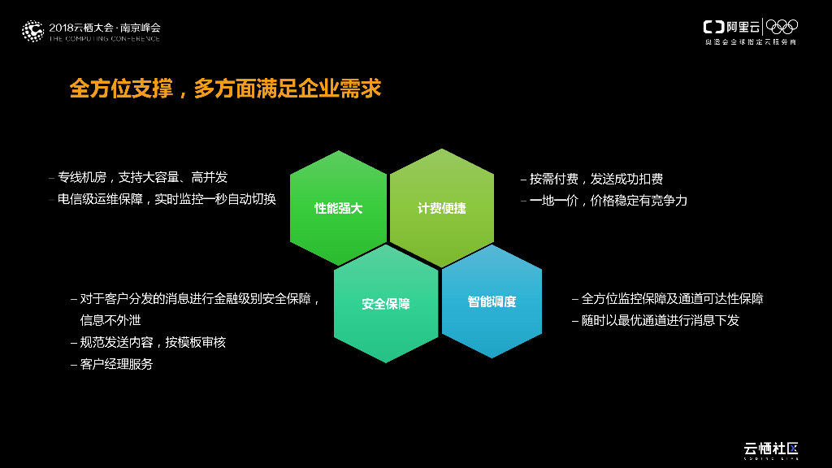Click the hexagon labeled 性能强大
338,208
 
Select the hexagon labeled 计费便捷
441,208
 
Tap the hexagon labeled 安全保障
386,304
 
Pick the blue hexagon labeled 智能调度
492,301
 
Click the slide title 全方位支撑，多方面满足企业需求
225,89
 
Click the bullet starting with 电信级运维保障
167,199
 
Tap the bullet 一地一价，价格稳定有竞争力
608,200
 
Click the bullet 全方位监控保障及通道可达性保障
671,299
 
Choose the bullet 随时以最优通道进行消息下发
659,320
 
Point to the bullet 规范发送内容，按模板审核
152,342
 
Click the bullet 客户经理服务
115,364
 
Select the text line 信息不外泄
110,320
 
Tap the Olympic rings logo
782,27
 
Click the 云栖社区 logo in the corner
771,448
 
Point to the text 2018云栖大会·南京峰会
105,27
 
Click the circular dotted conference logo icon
32,31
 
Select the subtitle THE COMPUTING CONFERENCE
105,38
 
